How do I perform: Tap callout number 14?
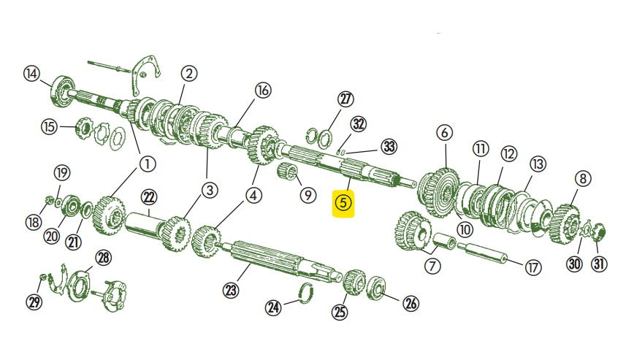point(31,74)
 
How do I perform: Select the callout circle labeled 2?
point(188,74)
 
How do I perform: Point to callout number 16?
point(262,91)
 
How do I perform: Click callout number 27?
point(346,99)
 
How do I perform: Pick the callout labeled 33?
point(389,147)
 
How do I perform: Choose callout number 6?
point(445,132)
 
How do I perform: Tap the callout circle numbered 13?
point(538,164)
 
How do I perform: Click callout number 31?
point(599,264)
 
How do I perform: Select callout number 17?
point(533,267)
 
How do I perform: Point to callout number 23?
point(231,290)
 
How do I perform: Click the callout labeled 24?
point(273,307)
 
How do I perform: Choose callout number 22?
point(149,196)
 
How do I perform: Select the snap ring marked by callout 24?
point(307,293)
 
